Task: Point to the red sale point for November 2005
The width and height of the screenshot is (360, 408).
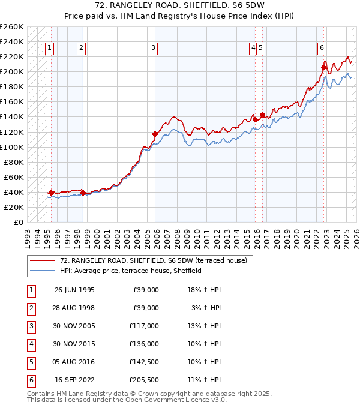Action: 155,134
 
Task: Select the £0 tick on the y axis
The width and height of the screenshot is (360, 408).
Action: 19,222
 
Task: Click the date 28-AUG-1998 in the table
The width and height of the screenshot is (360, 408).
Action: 74,308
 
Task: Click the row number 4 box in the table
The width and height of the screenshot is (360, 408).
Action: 30,344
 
